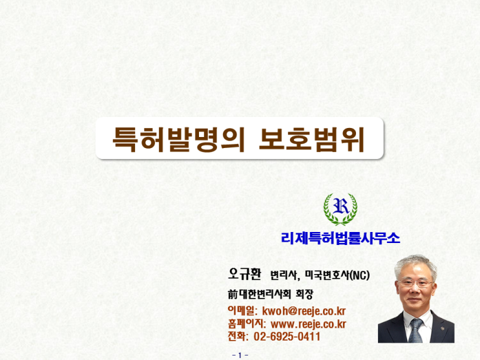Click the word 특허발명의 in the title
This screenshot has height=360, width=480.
pos(179,140)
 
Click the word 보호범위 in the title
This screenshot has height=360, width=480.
pos(311,140)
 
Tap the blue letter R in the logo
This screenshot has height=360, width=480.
pos(340,206)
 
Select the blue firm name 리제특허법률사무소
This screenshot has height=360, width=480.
pos(340,238)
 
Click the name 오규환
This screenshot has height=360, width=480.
pos(244,273)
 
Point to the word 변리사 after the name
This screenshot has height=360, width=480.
pos(283,275)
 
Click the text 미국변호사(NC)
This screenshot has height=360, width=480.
pos(337,275)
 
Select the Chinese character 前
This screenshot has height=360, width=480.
pos(233,295)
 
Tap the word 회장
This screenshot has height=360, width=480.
pos(304,295)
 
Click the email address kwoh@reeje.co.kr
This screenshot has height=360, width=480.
pos(304,312)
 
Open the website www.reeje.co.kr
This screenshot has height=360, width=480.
pos(308,324)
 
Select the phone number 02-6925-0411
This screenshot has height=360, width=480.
pos(287,337)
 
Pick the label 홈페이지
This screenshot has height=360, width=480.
pos(245,324)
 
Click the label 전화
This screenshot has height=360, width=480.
pos(236,336)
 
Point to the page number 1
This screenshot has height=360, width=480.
pos(240,355)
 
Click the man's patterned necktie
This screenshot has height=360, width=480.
pos(415,330)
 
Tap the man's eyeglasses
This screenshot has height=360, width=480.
pos(415,283)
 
